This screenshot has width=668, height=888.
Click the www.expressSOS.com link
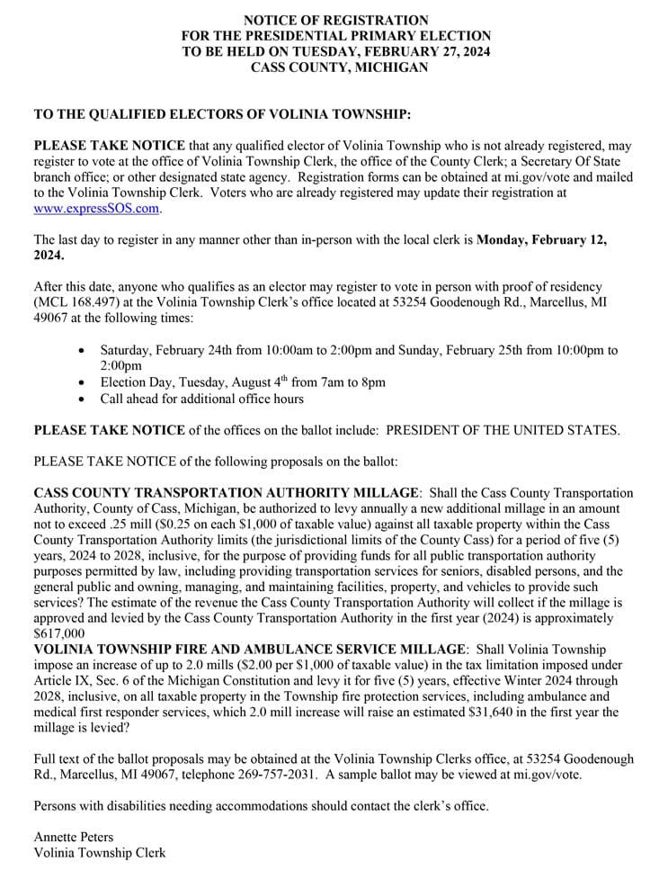point(96,209)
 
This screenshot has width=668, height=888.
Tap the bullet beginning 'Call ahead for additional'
point(202,399)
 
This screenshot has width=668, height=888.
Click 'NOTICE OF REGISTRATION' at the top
point(336,20)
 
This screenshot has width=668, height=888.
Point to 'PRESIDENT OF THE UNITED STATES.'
point(503,430)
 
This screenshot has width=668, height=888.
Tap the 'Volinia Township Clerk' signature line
point(100,853)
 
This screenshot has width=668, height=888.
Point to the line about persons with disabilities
point(261,805)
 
